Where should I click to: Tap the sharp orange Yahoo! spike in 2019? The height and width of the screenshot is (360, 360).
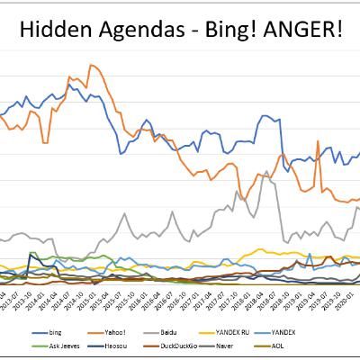coord(319,141)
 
